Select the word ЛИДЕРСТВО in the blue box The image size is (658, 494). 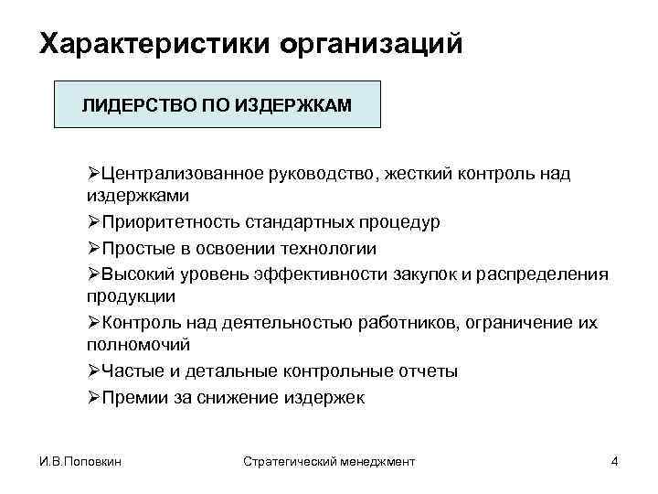129,106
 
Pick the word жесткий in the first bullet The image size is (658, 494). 417,174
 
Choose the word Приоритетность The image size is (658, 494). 160,223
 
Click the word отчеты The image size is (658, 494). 425,371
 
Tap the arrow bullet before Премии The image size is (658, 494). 94,396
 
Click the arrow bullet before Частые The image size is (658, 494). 94,371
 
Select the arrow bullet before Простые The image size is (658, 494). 94,248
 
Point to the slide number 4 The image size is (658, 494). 614,462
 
